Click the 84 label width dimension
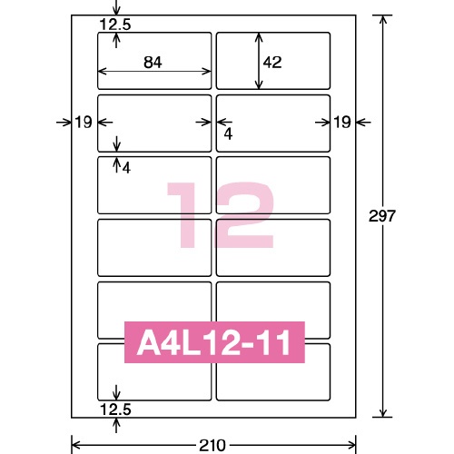point(153,63)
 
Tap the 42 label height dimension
point(272,63)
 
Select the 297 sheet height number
point(382,216)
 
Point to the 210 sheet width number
point(212,446)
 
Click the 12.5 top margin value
point(115,25)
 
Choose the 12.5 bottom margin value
point(115,410)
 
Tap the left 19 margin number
point(84,123)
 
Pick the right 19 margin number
point(342,123)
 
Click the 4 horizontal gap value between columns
point(228,133)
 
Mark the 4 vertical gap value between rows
point(126,168)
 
